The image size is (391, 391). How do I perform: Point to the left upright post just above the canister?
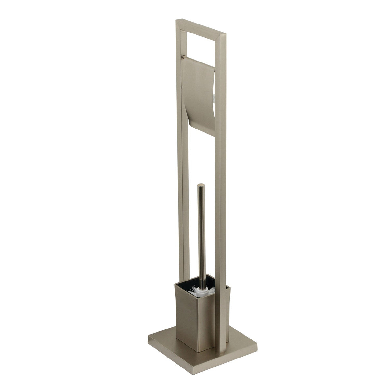[181, 258]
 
